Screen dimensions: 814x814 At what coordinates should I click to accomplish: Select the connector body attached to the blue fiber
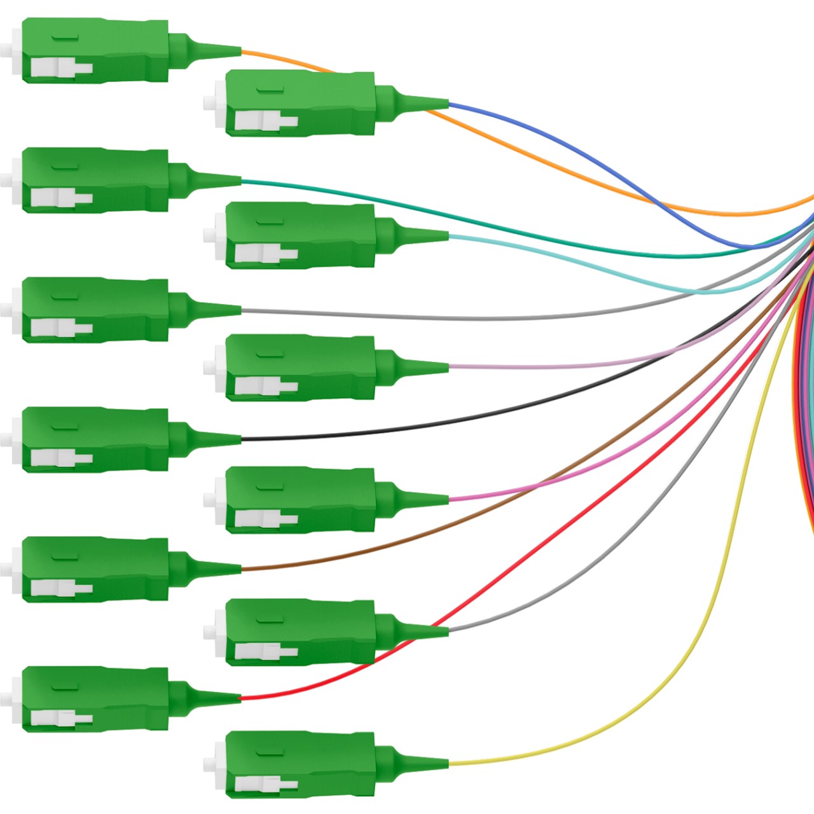tap(299, 103)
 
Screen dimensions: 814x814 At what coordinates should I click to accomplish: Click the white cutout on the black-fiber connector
tap(60, 458)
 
